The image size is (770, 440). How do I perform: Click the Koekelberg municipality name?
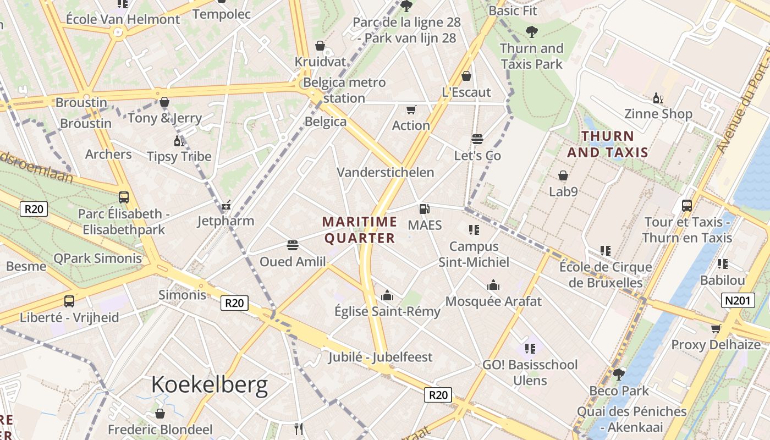210,385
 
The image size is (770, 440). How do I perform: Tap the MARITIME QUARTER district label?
360,230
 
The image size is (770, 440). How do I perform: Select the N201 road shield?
738,300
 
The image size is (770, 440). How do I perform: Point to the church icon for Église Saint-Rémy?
387,296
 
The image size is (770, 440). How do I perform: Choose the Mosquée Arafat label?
493,301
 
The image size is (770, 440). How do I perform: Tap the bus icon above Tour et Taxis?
687,206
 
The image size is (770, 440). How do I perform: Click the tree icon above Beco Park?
619,375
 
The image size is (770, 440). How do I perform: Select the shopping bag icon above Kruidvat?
320,46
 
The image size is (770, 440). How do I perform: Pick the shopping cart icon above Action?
411,109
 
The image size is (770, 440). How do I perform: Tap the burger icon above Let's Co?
477,139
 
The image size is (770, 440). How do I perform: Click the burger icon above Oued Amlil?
293,245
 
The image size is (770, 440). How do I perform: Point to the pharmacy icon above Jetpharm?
226,206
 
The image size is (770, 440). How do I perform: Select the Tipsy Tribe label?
179,157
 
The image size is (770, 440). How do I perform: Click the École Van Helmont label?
123,19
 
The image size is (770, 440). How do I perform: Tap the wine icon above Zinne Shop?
658,98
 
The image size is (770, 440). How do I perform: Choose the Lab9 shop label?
563,192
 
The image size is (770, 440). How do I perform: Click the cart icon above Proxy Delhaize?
716,329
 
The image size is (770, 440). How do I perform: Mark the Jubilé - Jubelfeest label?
381,357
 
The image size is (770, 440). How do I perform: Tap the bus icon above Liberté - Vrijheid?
69,301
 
